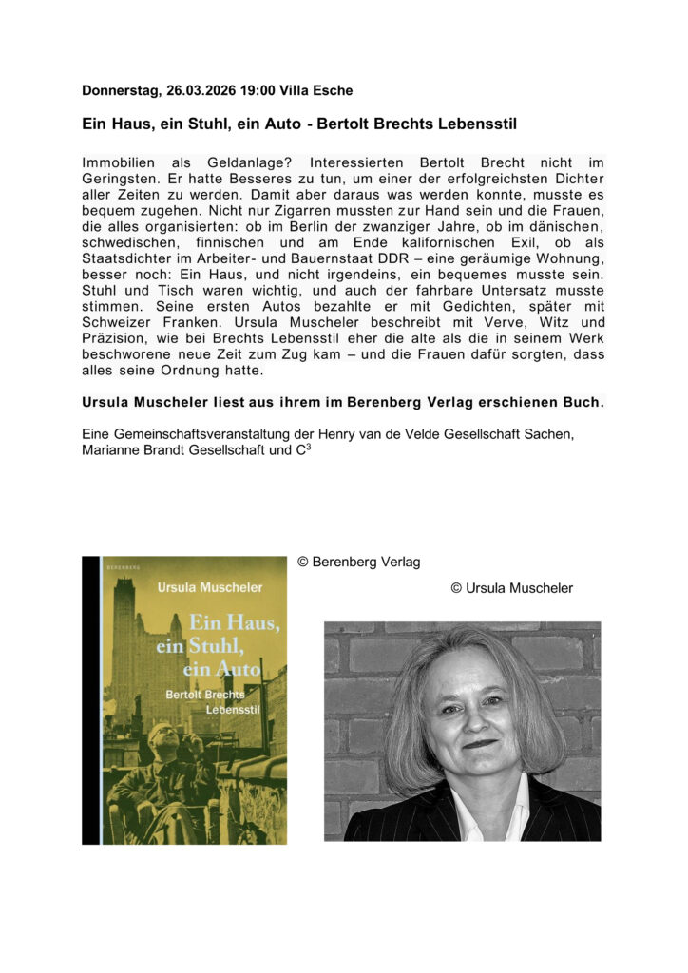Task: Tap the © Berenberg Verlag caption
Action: pyautogui.click(x=358, y=563)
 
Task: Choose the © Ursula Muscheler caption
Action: pyautogui.click(x=511, y=588)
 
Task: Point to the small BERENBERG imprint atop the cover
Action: pyautogui.click(x=121, y=566)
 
